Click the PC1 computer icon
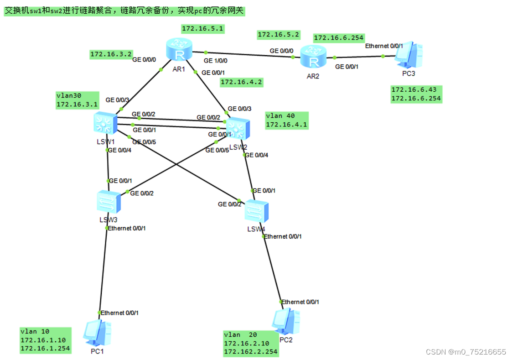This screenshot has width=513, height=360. tap(97, 334)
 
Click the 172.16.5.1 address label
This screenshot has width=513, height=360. tap(202, 29)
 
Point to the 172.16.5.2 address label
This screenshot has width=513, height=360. tap(278, 34)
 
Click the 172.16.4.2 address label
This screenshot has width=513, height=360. tap(241, 82)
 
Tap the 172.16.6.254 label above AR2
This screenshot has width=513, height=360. tap(338, 37)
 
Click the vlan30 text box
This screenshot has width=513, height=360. tap(77, 100)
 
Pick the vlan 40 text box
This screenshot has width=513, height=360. tap(286, 120)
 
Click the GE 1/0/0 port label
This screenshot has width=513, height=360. tap(215, 60)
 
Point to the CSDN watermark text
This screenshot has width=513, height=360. tap(465, 352)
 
